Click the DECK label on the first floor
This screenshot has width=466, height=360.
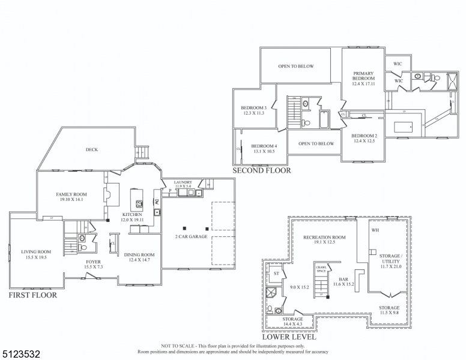click(x=91, y=150)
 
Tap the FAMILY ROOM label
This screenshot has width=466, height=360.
click(x=71, y=194)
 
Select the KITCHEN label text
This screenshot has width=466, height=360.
click(x=132, y=214)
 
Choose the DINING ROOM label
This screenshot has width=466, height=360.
click(x=140, y=254)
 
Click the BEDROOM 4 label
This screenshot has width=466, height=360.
click(x=264, y=146)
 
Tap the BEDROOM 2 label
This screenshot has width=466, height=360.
click(x=364, y=136)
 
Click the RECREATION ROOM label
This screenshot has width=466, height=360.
click(x=324, y=237)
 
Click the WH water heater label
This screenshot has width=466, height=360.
click(x=375, y=230)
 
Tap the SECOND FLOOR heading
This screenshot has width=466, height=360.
click(x=262, y=171)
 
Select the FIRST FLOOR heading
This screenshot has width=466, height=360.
click(x=33, y=295)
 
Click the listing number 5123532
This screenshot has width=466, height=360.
click(x=22, y=347)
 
